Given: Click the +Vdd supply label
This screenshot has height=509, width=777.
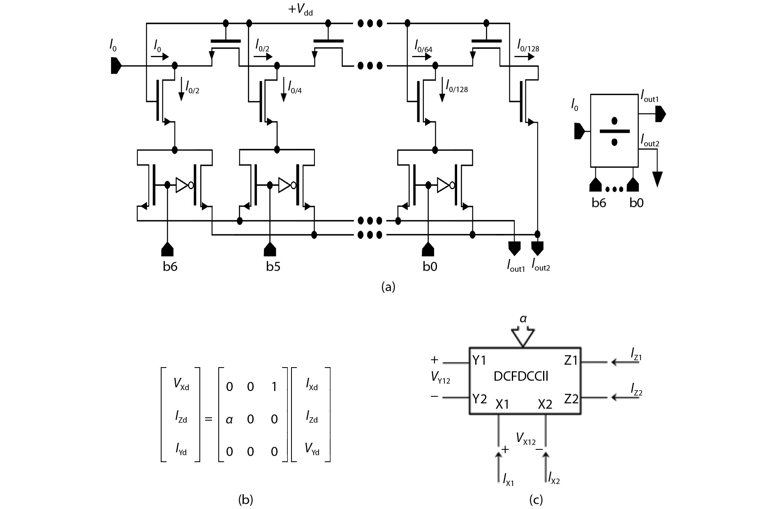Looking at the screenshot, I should tap(301, 10).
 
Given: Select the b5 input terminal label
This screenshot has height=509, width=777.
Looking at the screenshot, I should tap(273, 267).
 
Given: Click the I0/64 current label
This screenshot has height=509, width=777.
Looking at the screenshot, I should tap(423, 45).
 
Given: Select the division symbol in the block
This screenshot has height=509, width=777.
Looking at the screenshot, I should tap(614, 131).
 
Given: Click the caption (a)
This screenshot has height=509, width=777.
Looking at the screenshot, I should tap(388, 287).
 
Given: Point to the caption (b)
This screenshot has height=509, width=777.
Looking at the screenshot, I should tap(245, 499).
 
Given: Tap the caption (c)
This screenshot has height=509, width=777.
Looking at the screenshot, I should tap(536, 499).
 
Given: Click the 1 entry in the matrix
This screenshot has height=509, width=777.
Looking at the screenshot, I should tap(274, 387).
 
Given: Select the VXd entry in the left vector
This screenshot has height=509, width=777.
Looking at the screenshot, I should tap(181, 384).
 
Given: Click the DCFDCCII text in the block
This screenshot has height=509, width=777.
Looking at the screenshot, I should tap(521, 376).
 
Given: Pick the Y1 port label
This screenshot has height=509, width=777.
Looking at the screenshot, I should tap(479, 361).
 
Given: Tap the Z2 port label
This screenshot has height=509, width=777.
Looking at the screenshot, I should tap(571, 398).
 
